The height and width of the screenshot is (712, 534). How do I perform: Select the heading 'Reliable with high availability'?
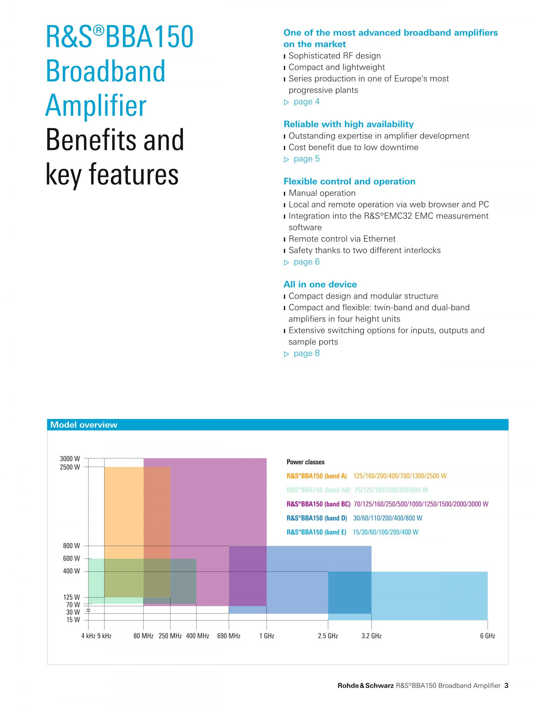(x=348, y=124)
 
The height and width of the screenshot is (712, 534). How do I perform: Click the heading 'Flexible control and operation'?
(x=349, y=182)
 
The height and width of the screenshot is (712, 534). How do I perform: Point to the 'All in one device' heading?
(x=320, y=285)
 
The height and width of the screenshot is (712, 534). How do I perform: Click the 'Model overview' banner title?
(x=84, y=425)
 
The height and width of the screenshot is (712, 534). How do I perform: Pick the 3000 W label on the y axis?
(x=70, y=459)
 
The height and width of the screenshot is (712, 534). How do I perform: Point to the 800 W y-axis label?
(x=71, y=546)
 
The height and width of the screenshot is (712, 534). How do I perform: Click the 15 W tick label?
(x=73, y=620)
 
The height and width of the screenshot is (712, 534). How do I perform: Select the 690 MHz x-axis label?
(x=229, y=636)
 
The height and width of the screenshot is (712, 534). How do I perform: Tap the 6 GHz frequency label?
(x=487, y=636)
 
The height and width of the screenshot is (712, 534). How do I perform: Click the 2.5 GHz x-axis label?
(x=328, y=636)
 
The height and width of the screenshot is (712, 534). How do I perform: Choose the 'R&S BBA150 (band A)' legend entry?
(x=317, y=476)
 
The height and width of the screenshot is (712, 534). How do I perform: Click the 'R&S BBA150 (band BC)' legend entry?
(x=318, y=504)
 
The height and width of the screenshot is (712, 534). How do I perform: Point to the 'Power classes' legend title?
(x=305, y=462)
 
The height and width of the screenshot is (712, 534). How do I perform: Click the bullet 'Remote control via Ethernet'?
(x=342, y=239)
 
